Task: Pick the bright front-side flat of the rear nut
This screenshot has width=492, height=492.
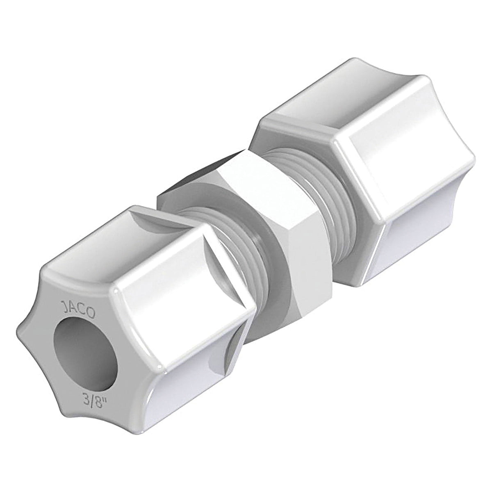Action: coord(394,172)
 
